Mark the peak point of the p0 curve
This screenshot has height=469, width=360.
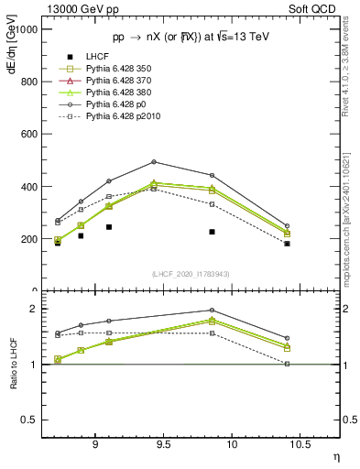click(x=154, y=162)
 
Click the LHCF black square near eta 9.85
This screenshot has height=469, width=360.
click(x=212, y=232)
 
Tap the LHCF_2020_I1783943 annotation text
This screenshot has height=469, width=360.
click(x=191, y=274)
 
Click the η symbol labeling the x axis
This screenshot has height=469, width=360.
click(x=335, y=456)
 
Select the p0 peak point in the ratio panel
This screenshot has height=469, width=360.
click(x=212, y=310)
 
